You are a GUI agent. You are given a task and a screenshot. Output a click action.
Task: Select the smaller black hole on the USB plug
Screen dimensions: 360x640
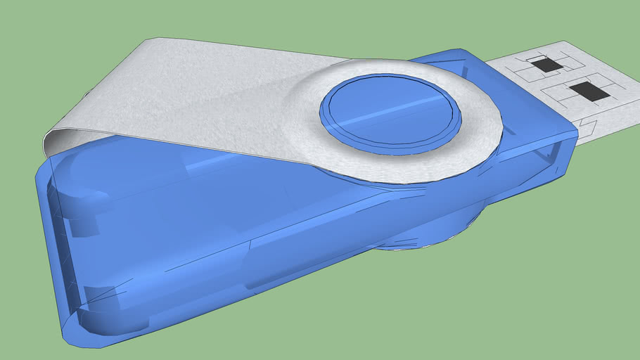(546, 65)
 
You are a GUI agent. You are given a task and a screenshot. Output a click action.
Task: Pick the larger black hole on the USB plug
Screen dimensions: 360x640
(589, 91)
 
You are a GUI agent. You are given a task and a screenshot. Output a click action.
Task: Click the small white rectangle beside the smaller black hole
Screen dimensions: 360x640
(536, 58)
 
